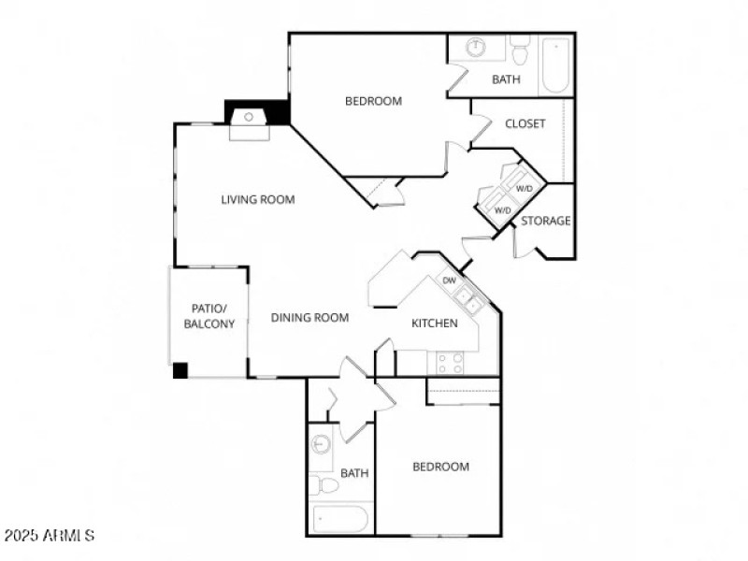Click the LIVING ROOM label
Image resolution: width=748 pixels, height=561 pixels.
(258, 199)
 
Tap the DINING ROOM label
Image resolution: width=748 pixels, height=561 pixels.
(309, 318)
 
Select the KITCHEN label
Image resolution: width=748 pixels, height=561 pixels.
(435, 324)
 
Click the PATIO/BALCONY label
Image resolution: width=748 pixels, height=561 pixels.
(209, 316)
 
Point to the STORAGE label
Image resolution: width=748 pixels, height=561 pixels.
(545, 221)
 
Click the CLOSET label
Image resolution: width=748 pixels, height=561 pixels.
(525, 123)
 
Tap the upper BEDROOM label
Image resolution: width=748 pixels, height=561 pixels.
(373, 101)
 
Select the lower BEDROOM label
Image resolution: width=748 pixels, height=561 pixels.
(441, 467)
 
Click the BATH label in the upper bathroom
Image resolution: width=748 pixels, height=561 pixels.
(506, 79)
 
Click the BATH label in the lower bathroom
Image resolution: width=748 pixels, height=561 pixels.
(354, 473)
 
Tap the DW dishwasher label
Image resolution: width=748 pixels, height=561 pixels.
(449, 280)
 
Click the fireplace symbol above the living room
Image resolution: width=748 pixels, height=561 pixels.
(250, 118)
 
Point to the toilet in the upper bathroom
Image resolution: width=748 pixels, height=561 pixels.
(520, 50)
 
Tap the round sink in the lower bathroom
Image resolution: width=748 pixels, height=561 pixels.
(322, 444)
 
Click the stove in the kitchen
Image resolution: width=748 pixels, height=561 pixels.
(446, 362)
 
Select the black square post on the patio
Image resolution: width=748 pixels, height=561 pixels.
(180, 370)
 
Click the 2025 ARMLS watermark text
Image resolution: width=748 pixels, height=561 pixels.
(49, 536)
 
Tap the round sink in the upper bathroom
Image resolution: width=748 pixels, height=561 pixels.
(476, 48)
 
